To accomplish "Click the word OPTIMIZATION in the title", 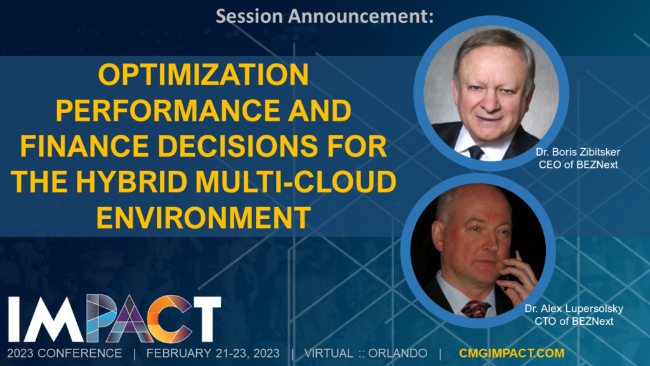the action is coord(203,75).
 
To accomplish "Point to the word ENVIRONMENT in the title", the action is coord(203,217).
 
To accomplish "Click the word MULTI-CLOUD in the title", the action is coord(296,182).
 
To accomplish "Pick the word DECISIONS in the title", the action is coord(237,146).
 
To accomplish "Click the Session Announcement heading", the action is coord(324,16).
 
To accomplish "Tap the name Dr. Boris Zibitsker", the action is coord(578,152).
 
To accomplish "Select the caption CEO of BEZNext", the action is coord(578,165).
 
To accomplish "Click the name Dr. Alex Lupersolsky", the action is coord(574,309).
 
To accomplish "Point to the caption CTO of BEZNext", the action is coord(574,321).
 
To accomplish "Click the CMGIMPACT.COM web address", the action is coord(512,353).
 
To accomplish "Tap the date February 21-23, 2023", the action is coord(213,353).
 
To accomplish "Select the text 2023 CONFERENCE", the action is coord(65,353).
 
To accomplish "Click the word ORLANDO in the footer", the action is coord(397,353).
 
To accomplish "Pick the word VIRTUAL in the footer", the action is coord(329,353).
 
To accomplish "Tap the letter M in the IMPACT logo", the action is coord(56,319).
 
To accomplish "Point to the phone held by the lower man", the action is coord(510,269).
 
